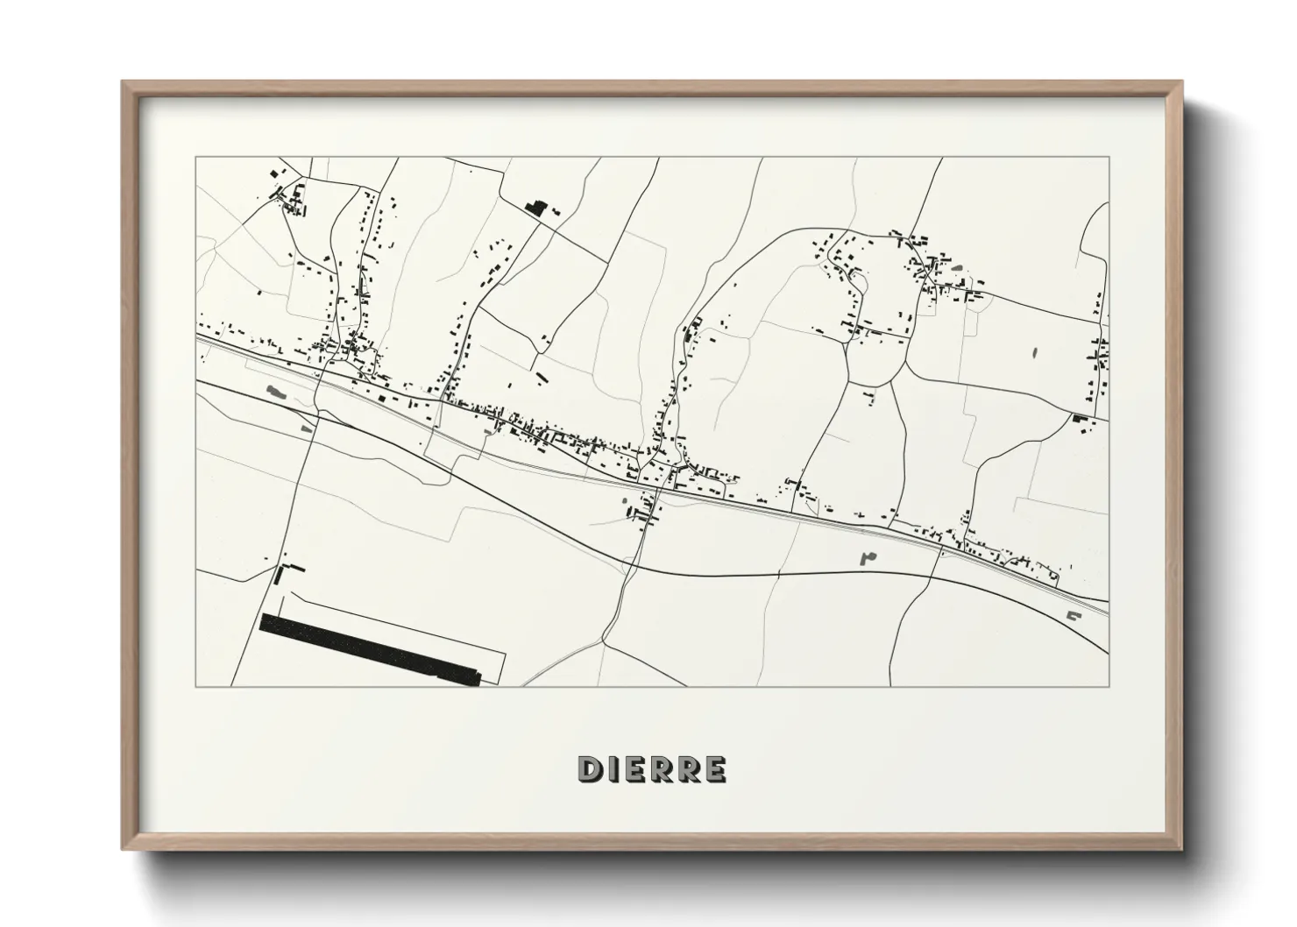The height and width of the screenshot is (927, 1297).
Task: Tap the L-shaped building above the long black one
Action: click(x=281, y=574)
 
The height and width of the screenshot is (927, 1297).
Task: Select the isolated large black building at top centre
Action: click(x=535, y=209)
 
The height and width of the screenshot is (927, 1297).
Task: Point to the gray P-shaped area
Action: click(x=868, y=555)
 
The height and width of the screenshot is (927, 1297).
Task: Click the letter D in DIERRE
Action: click(x=588, y=769)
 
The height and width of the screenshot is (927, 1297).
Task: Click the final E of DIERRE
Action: click(x=715, y=769)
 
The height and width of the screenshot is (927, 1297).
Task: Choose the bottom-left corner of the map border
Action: click(x=195, y=686)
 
